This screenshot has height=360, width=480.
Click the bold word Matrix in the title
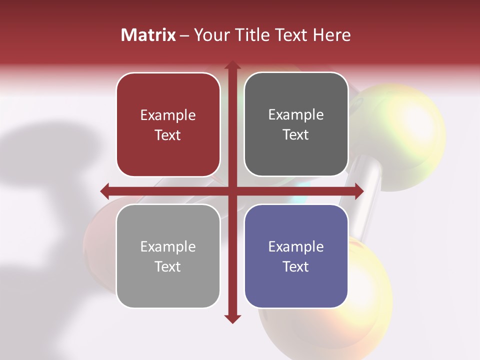148,35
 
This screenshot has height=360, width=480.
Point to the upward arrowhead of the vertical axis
232,65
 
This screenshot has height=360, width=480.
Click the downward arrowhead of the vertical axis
232,318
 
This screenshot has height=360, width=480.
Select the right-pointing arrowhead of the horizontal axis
359,191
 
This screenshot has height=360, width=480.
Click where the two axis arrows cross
232,191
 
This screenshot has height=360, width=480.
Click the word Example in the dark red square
168,115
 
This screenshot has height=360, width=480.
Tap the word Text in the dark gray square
296,135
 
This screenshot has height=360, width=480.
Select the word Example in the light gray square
168,247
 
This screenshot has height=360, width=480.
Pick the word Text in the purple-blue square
296,266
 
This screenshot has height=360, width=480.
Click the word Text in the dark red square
168,135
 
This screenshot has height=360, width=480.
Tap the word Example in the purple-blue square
296,247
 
